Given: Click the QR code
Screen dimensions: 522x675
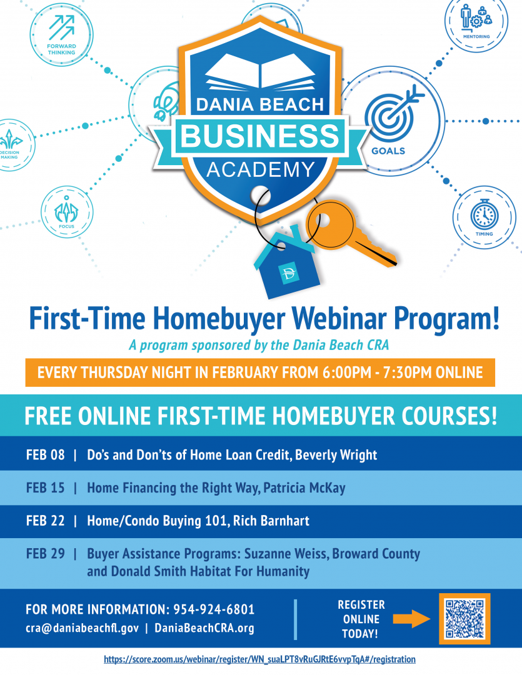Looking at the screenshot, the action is coord(464,619).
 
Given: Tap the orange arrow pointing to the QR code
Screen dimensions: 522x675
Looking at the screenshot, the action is coord(411,619).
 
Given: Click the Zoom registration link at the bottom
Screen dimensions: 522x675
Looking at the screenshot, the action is coord(259,659).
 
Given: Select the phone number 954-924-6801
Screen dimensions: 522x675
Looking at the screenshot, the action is coord(214,609).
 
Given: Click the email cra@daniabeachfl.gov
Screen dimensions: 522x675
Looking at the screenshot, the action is coord(83,628).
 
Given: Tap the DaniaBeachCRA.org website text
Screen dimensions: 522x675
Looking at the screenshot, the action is coord(204,628).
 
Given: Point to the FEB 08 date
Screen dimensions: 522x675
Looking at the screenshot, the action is coord(45,454).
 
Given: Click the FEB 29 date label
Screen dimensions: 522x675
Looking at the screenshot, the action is coord(45,553).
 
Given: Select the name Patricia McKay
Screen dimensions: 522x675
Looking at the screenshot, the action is coord(304,487).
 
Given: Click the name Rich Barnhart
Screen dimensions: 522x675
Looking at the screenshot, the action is coord(271,521).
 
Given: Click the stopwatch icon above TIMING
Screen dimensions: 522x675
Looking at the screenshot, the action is coord(484,214).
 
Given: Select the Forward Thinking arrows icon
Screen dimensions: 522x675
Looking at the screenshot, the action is coord(62,28).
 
